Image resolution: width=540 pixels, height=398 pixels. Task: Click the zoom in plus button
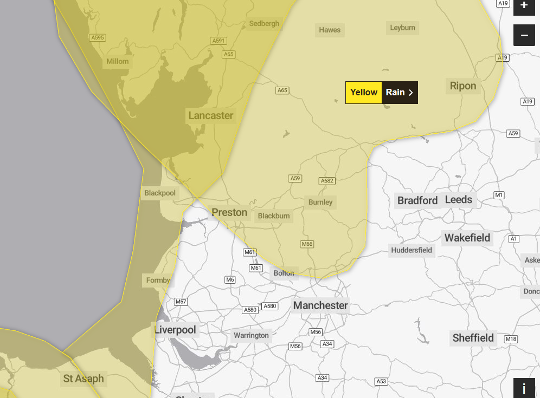(524, 6)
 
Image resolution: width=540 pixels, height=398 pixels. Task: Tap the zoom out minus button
(524, 35)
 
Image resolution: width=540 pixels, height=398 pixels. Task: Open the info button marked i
(524, 388)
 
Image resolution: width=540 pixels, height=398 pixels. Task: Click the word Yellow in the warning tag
(364, 92)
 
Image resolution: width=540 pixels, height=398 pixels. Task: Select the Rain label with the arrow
(400, 92)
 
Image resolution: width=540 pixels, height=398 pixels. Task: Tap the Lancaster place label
(211, 115)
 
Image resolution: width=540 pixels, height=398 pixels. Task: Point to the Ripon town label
(463, 86)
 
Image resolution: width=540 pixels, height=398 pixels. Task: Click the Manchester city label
(320, 305)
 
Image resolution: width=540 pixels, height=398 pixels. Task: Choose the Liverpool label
(175, 330)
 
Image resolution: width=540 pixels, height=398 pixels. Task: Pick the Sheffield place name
(473, 338)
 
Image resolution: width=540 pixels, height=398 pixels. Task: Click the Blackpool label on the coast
(160, 193)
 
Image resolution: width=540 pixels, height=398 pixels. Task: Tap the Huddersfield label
(412, 250)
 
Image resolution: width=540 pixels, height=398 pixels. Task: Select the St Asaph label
(83, 379)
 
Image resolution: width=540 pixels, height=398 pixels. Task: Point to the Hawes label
(330, 30)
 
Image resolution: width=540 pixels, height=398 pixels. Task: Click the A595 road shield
(98, 38)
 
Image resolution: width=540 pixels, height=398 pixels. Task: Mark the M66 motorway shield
(307, 244)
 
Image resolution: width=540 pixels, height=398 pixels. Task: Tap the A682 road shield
(327, 181)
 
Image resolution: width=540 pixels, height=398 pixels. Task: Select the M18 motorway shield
(511, 339)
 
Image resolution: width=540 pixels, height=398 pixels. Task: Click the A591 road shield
(218, 41)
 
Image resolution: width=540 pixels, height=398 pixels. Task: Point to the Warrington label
(251, 335)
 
